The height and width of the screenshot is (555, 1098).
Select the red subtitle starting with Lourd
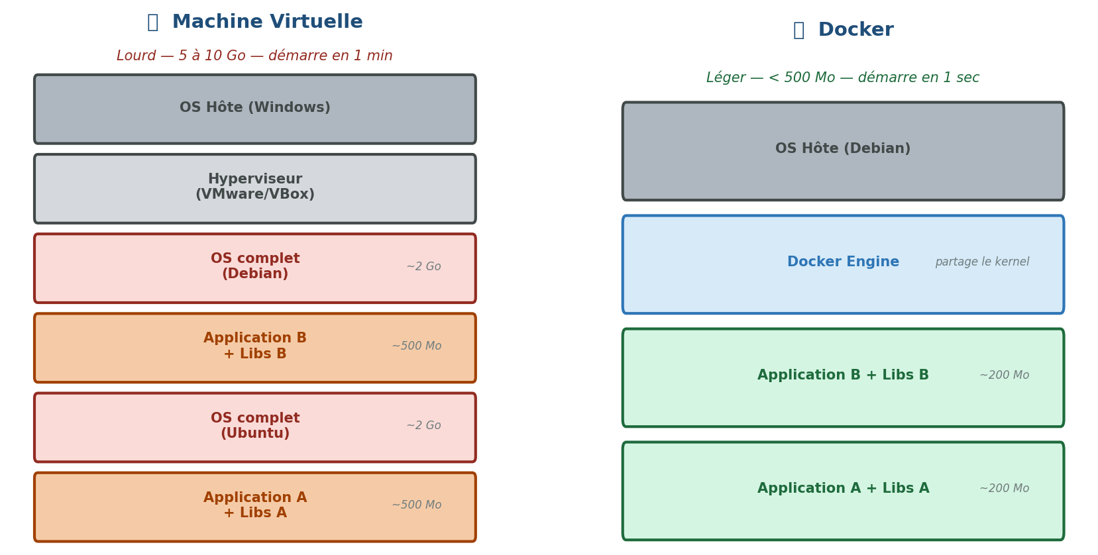click(x=254, y=56)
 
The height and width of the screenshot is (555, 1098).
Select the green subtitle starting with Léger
click(x=842, y=78)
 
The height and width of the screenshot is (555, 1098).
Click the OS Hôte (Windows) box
click(x=254, y=108)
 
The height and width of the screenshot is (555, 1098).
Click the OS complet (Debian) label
click(x=254, y=266)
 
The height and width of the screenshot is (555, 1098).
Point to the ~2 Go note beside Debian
click(x=423, y=267)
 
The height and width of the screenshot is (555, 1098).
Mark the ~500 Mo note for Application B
click(x=416, y=346)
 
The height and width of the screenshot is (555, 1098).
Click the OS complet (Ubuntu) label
click(x=254, y=426)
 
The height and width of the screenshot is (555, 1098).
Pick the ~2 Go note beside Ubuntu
click(x=423, y=426)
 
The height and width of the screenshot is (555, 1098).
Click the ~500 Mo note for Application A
click(x=416, y=505)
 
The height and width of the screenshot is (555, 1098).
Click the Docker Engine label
click(x=842, y=262)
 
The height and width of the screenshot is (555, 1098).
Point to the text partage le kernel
click(x=981, y=262)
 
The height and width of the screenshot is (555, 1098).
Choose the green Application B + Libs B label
click(x=842, y=376)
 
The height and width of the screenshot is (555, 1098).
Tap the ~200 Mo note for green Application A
click(x=1004, y=489)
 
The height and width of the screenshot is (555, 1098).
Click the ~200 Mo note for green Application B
click(x=1004, y=376)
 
